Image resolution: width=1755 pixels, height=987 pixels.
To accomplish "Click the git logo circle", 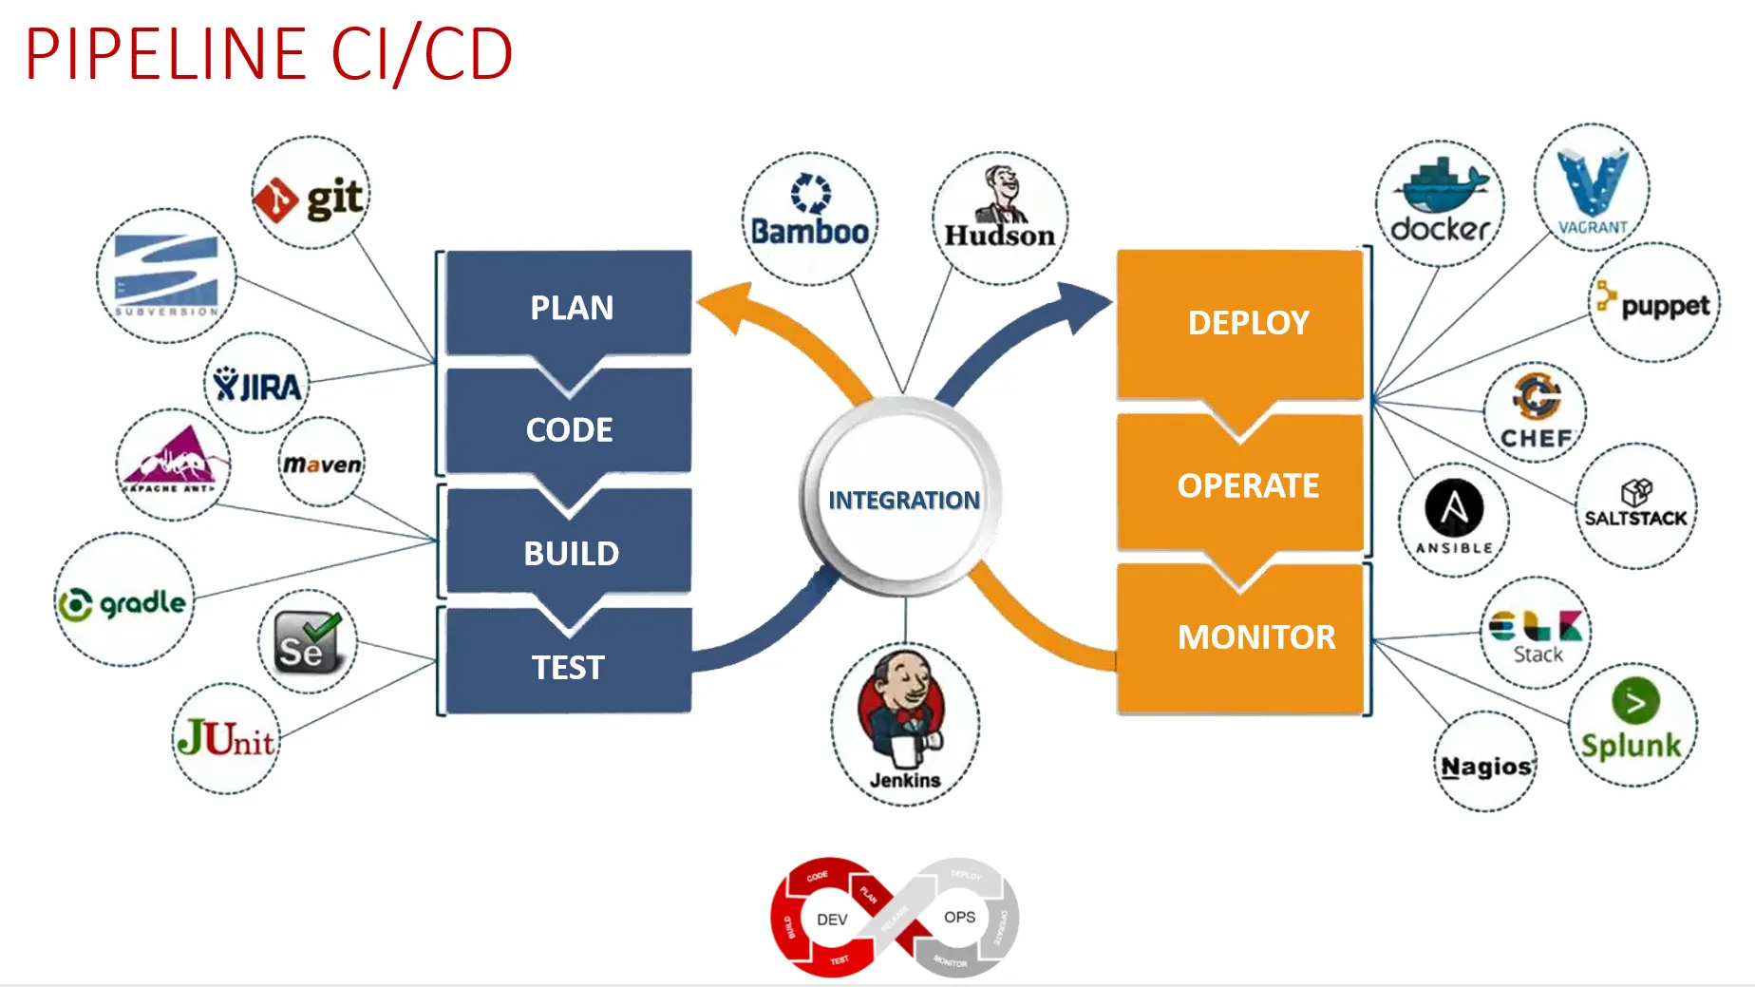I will click(x=311, y=194).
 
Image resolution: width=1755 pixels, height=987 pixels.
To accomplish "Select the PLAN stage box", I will click(x=570, y=306).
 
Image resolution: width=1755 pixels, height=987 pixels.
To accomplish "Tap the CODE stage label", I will click(x=570, y=429).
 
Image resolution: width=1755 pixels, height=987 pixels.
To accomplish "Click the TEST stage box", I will click(x=568, y=666).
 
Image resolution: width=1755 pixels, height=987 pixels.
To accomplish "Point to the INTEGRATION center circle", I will click(x=903, y=499).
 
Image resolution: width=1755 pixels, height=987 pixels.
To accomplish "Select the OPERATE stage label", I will click(x=1247, y=485).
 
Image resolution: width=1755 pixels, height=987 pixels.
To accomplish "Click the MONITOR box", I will click(x=1255, y=636).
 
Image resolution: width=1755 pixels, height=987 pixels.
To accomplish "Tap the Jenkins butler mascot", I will click(x=902, y=708).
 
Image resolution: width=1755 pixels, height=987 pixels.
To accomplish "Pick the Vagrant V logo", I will click(x=1593, y=181).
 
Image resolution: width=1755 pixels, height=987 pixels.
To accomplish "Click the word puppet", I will click(x=1665, y=306).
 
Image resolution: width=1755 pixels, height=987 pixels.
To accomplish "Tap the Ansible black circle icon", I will click(x=1453, y=508).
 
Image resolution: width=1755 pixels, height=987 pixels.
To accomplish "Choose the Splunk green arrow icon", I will click(x=1635, y=702).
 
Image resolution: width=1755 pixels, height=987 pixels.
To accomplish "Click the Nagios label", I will click(x=1485, y=766).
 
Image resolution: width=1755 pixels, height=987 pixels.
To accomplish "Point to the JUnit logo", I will click(x=226, y=738).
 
